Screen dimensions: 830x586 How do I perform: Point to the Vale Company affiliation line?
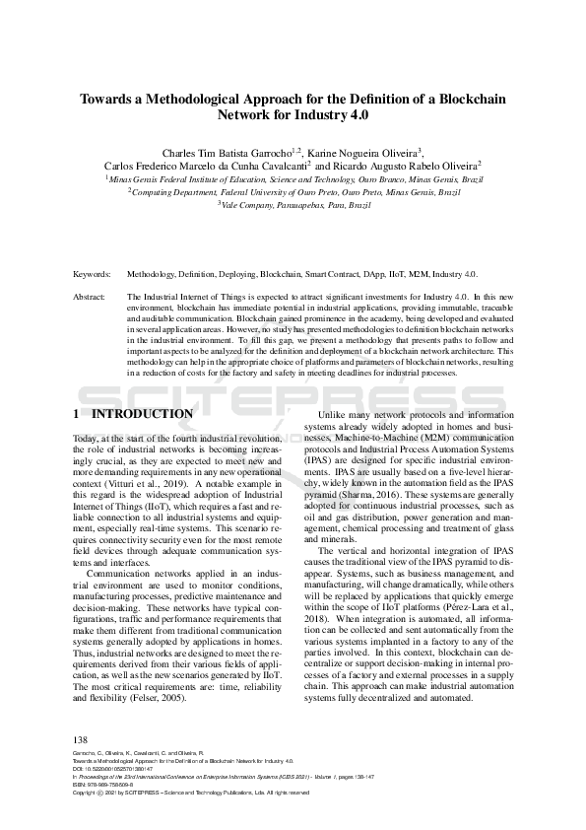click(x=293, y=204)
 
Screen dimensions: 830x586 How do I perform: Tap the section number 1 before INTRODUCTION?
click(x=78, y=414)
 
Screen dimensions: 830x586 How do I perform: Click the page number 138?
click(x=81, y=739)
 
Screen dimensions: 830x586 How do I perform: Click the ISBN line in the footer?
click(x=105, y=784)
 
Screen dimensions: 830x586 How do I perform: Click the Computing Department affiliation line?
click(x=293, y=192)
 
